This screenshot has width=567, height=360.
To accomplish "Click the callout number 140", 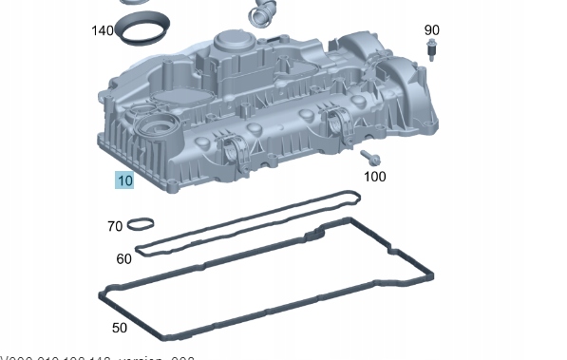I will [x=103, y=31].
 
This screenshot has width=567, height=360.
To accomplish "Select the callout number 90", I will [x=432, y=30].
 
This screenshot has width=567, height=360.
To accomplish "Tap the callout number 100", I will [x=375, y=176].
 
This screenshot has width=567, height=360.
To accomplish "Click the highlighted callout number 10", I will [x=124, y=180].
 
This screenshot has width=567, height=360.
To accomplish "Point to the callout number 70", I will [x=115, y=226].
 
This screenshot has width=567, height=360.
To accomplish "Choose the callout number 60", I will [x=123, y=258].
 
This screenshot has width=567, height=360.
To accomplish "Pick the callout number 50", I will [x=119, y=328].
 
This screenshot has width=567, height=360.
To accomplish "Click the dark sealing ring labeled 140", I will [x=140, y=31].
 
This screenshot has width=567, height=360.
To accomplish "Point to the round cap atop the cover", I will [x=231, y=44].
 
